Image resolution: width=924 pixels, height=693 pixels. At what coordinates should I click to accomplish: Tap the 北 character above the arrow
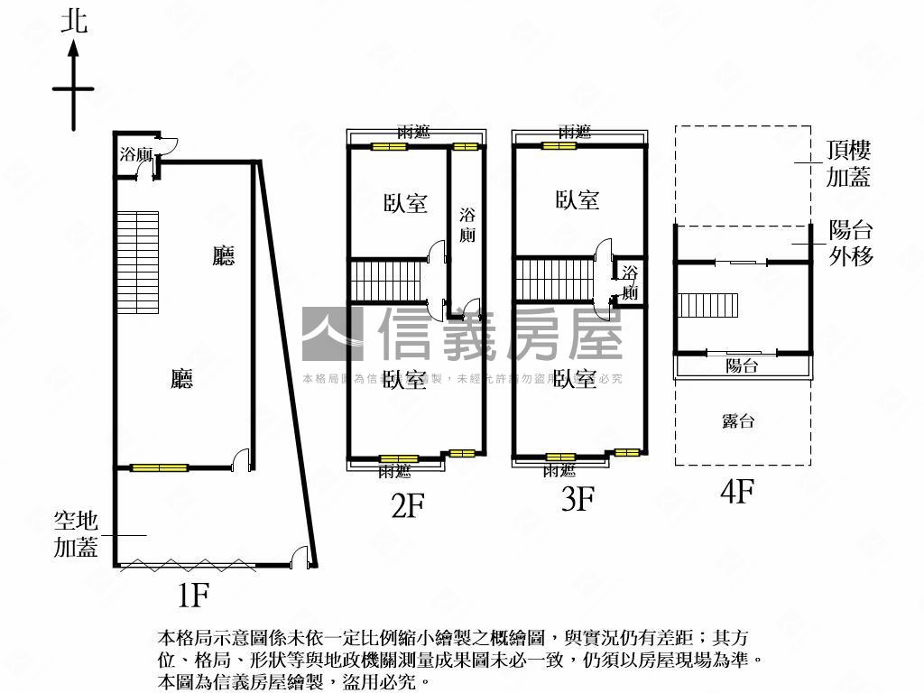click(75, 22)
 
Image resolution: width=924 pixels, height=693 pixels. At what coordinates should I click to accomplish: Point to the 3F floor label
click(577, 498)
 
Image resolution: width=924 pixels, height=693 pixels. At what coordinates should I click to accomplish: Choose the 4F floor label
click(737, 492)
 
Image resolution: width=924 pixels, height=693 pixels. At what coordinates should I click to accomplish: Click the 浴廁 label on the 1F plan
click(135, 154)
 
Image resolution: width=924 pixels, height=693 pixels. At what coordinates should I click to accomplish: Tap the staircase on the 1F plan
click(137, 262)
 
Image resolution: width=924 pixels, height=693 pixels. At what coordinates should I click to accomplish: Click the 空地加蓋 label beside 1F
click(76, 534)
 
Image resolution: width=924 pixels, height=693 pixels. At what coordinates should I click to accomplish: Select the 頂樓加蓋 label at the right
click(849, 164)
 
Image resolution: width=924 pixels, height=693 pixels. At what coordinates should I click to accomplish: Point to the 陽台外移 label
click(851, 243)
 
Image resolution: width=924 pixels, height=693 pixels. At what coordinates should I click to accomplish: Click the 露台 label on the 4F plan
click(739, 420)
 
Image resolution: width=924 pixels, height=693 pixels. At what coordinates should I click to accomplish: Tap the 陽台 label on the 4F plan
click(742, 365)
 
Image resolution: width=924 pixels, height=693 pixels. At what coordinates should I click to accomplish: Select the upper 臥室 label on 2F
click(405, 203)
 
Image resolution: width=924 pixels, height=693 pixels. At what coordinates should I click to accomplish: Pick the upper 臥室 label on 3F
click(577, 199)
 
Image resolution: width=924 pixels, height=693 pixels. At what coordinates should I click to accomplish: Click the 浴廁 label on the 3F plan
click(629, 282)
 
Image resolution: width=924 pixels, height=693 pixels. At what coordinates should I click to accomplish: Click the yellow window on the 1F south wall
click(159, 467)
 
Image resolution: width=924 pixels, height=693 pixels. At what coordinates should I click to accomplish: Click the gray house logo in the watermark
click(331, 335)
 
